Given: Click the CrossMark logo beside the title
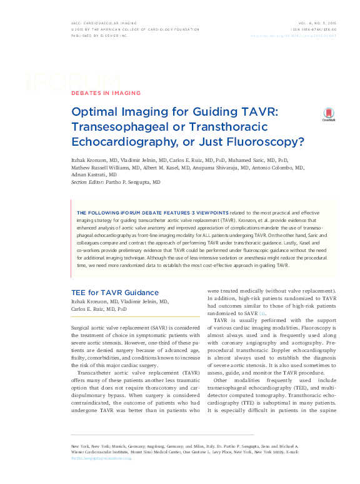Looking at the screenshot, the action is [328, 113].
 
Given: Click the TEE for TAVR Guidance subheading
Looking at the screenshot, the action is [115, 292].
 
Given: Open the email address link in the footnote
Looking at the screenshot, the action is [101, 457].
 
